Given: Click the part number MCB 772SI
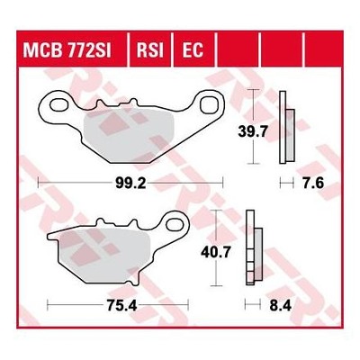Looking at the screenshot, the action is point(67,49).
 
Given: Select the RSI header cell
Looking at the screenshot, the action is point(150,49).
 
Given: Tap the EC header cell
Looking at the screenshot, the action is point(193,49).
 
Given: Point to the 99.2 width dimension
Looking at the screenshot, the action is point(130,183).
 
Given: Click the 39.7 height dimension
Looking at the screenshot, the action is point(252,131).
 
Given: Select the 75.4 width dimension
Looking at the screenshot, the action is point(121,306).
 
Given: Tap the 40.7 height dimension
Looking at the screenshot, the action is point(216,252).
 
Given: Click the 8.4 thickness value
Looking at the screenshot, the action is point(281,306).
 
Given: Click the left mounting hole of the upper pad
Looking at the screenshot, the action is point(59,105).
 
